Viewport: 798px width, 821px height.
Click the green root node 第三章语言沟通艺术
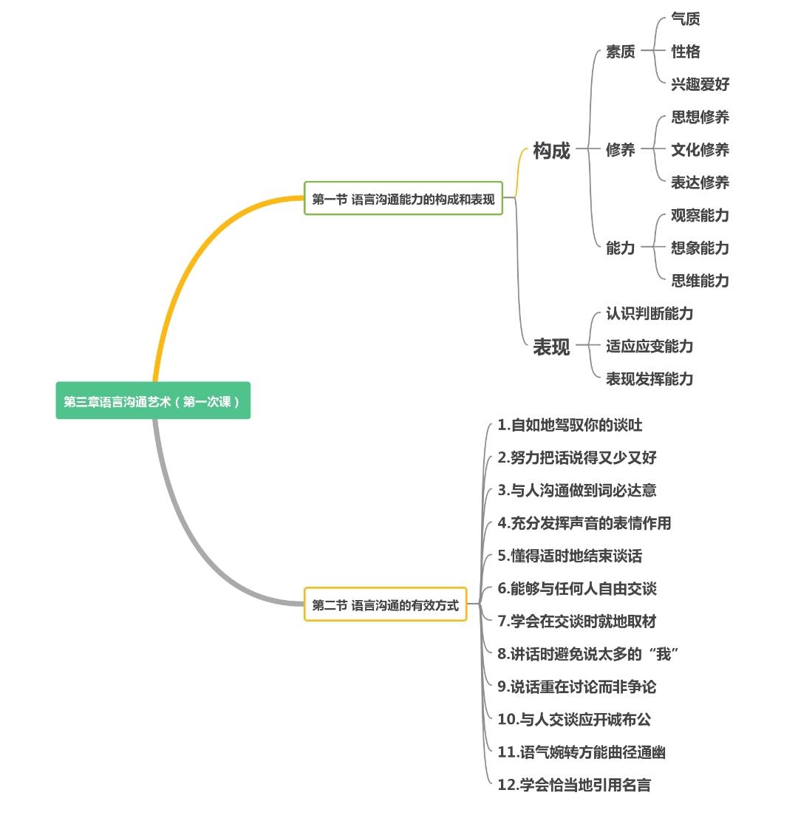click(153, 401)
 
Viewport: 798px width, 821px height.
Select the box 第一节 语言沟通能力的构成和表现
click(403, 199)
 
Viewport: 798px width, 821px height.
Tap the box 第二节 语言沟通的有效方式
click(385, 605)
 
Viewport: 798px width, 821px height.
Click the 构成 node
click(551, 151)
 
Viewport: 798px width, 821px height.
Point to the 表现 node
click(551, 347)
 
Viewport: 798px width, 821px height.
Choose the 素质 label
click(620, 52)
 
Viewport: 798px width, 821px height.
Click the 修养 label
click(620, 150)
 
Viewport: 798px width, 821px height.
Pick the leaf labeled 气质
click(685, 19)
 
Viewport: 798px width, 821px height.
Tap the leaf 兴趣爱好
click(700, 84)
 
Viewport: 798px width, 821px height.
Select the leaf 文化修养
click(700, 150)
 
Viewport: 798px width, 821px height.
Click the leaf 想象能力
click(700, 248)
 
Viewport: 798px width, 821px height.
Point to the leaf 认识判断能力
click(649, 313)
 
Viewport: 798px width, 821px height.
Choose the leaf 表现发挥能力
click(649, 379)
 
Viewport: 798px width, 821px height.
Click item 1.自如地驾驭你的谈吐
click(570, 425)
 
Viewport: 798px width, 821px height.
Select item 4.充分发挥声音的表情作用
click(584, 523)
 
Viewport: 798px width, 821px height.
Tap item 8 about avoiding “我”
click(588, 654)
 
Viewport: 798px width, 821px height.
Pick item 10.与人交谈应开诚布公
click(574, 720)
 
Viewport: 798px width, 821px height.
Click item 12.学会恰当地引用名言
click(574, 785)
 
